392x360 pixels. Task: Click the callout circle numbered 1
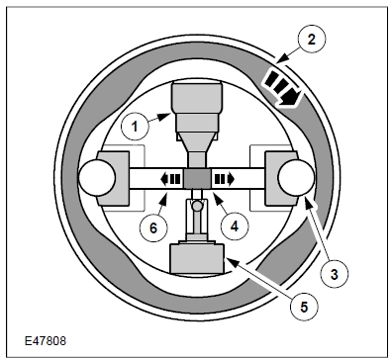tap(135, 127)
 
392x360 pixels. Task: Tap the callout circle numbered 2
tap(312, 40)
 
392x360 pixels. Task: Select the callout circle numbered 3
tap(335, 274)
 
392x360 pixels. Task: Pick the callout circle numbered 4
tap(235, 226)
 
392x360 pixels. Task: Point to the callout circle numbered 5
tap(304, 307)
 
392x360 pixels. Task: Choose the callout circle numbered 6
tap(153, 227)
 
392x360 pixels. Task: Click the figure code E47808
tap(46, 341)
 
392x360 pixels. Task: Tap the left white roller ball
tap(97, 178)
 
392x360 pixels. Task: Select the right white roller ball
tap(296, 178)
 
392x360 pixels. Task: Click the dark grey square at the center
tap(197, 179)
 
